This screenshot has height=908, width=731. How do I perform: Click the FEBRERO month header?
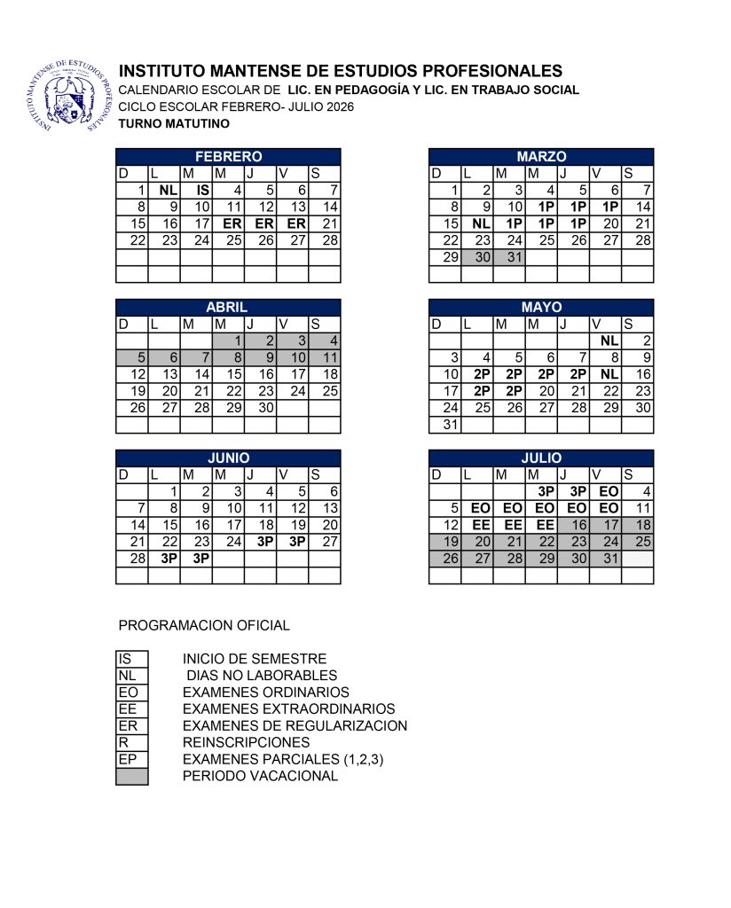click(x=228, y=156)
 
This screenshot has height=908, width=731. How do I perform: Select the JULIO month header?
click(x=541, y=458)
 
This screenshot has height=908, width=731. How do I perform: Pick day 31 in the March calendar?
click(x=509, y=257)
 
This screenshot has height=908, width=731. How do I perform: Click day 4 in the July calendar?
click(x=638, y=491)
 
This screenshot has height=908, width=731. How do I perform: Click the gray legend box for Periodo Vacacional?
click(x=132, y=777)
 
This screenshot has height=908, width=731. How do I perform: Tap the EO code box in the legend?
click(x=132, y=693)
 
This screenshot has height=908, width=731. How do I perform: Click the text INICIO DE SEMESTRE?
click(x=255, y=659)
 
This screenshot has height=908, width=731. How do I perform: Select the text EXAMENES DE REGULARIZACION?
click(x=295, y=726)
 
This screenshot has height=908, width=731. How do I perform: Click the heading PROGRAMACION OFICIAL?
click(x=204, y=625)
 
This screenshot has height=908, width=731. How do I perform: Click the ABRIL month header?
click(x=228, y=307)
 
